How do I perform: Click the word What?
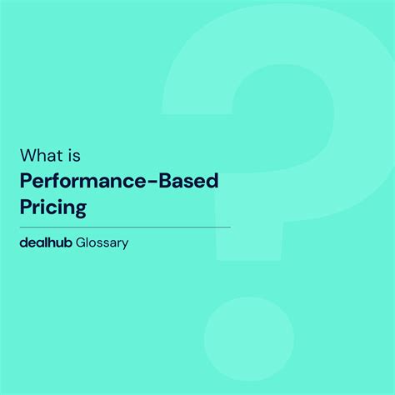coord(38,156)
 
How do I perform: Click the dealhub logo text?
coord(45,244)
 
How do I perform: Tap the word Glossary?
coord(102,245)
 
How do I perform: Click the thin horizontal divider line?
coord(125,227)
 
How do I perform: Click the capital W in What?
coord(28,156)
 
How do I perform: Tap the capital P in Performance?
coord(26,181)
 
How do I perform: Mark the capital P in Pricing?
coord(26,206)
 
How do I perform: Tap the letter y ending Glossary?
coord(125,247)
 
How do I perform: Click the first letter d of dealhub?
coord(24,244)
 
